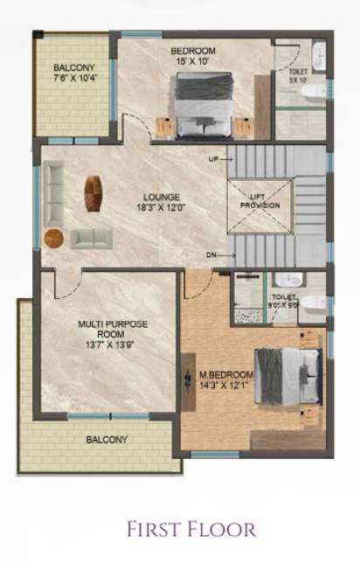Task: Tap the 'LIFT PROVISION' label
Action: pyautogui.click(x=260, y=199)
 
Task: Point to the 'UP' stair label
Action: pyautogui.click(x=214, y=159)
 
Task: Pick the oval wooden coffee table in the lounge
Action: pyautogui.click(x=92, y=193)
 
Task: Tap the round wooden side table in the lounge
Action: pyautogui.click(x=54, y=237)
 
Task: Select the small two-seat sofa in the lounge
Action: pyautogui.click(x=88, y=237)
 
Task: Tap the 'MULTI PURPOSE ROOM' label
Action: pyautogui.click(x=113, y=329)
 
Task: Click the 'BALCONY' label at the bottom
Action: pyautogui.click(x=107, y=439)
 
